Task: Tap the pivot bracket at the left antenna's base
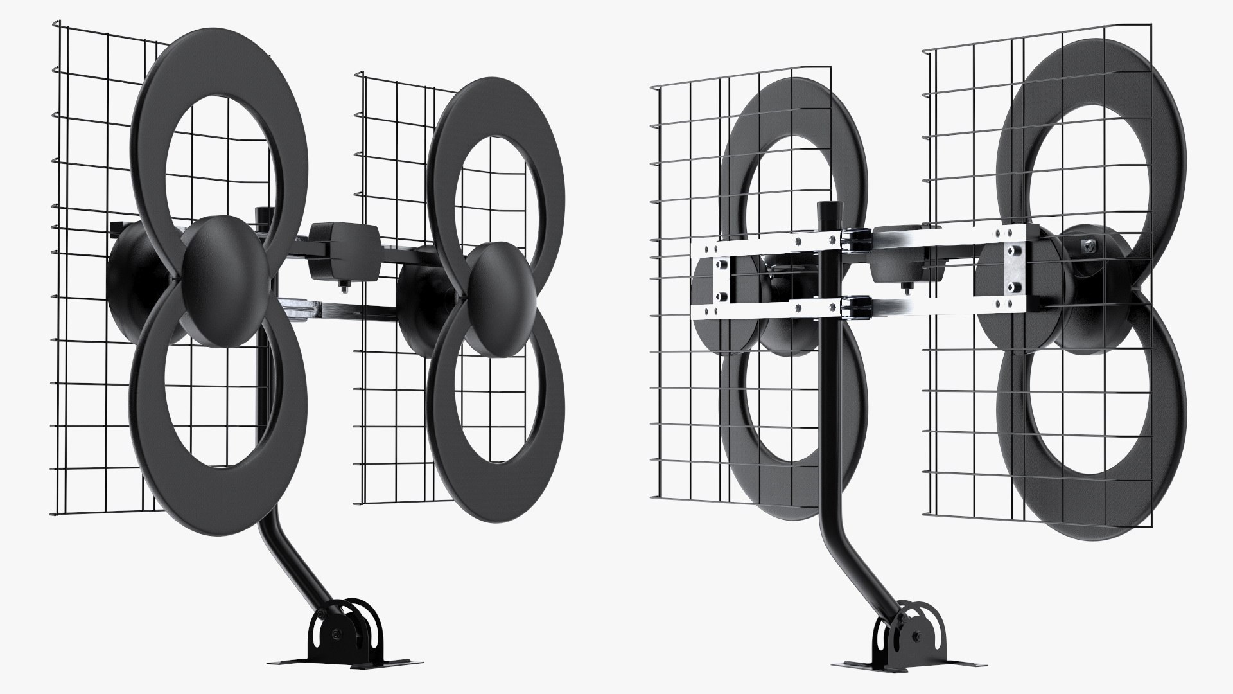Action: click(x=347, y=630)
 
